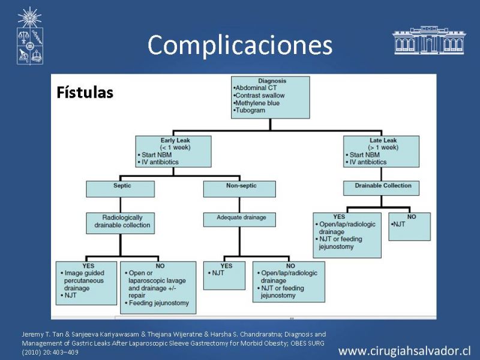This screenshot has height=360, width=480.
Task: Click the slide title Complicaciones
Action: [x=239, y=45]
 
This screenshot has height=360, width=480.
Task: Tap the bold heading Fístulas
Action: [x=85, y=92]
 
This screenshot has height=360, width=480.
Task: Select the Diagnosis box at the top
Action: [x=271, y=97]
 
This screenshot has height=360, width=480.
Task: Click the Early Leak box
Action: [x=173, y=152]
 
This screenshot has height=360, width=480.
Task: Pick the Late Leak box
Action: [x=381, y=152]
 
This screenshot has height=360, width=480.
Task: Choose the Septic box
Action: [x=121, y=189]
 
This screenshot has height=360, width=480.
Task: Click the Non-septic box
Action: [x=239, y=189]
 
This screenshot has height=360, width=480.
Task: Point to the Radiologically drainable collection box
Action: [x=121, y=223]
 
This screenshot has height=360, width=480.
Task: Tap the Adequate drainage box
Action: [x=239, y=220]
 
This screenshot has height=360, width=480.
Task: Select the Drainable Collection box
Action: [x=381, y=188]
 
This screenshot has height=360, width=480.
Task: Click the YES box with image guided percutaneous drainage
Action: [x=86, y=283]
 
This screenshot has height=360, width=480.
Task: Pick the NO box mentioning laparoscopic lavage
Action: [x=158, y=287]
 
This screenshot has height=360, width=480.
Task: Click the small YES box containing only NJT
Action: [x=224, y=275]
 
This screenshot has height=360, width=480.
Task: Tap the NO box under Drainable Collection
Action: [x=410, y=227]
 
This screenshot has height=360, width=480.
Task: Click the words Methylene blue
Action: [x=257, y=103]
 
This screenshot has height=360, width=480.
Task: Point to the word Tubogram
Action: [x=250, y=110]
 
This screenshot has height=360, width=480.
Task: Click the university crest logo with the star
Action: [x=29, y=36]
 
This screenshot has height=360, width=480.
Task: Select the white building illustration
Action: [x=429, y=40]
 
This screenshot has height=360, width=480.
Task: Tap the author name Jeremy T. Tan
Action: [x=43, y=334]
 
